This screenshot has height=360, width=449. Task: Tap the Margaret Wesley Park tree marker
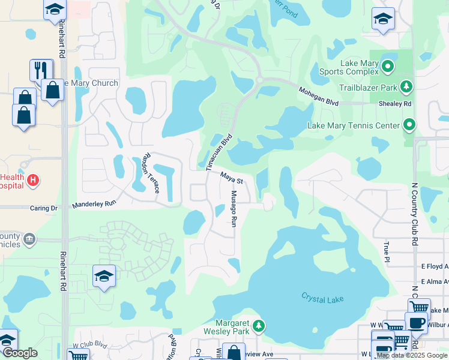click(x=259, y=326)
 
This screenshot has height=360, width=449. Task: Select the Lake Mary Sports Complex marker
click(x=388, y=65)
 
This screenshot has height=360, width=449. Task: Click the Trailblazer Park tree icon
click(x=406, y=87)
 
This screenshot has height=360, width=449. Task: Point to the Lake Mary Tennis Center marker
click(x=410, y=125)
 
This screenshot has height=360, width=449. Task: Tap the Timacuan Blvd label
click(x=219, y=152)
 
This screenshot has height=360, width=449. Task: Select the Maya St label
click(x=231, y=178)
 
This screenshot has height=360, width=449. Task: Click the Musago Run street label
click(x=235, y=208)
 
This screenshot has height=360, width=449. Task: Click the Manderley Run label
click(x=94, y=204)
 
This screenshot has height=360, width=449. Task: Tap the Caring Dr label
click(x=43, y=208)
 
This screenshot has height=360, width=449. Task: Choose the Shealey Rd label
click(x=399, y=104)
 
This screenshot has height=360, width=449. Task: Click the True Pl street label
click(x=386, y=251)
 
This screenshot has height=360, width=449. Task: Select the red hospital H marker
click(x=34, y=179)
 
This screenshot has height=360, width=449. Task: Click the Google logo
click(x=20, y=353)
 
